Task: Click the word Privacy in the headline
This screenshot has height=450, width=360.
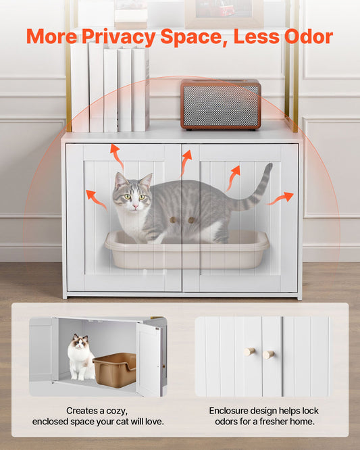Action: pyautogui.click(x=118, y=37)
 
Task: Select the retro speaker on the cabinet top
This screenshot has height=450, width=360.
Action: pyautogui.click(x=221, y=105)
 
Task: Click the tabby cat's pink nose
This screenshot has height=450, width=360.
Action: pyautogui.click(x=135, y=206)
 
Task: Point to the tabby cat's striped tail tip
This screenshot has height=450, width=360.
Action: pyautogui.click(x=269, y=165)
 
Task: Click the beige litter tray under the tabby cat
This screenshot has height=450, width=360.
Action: pyautogui.click(x=187, y=249)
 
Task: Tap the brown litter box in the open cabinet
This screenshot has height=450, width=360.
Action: pyautogui.click(x=115, y=370)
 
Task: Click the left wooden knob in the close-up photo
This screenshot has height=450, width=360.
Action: pyautogui.click(x=249, y=351)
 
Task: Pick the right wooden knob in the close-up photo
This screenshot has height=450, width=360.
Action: pyautogui.click(x=269, y=355)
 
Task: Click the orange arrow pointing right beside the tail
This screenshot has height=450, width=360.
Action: pyautogui.click(x=280, y=198)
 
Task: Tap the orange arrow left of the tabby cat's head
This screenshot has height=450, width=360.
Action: pyautogui.click(x=96, y=199)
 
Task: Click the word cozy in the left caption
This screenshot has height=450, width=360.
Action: pyautogui.click(x=118, y=411)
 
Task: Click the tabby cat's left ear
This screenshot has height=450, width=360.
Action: pyautogui.click(x=120, y=179)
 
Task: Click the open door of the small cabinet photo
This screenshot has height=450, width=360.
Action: pyautogui.click(x=149, y=359)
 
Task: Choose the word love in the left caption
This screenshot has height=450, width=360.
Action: pyautogui.click(x=152, y=422)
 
